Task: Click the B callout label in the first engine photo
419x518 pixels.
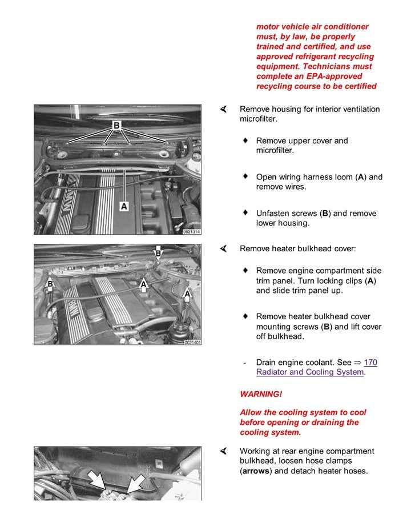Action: pos(116,125)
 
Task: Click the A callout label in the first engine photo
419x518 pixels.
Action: pos(124,206)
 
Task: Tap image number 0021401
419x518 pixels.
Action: pos(191,342)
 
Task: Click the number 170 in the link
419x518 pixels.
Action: pos(370,363)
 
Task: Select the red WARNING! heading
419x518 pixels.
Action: pos(261,394)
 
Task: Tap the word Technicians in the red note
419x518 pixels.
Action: pos(343,66)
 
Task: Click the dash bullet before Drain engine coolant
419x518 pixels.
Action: pos(244,363)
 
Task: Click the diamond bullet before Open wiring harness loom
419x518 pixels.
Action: pos(245,176)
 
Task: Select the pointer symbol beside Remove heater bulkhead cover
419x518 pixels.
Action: pos(224,248)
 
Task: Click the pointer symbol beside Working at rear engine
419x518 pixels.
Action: pos(224,451)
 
